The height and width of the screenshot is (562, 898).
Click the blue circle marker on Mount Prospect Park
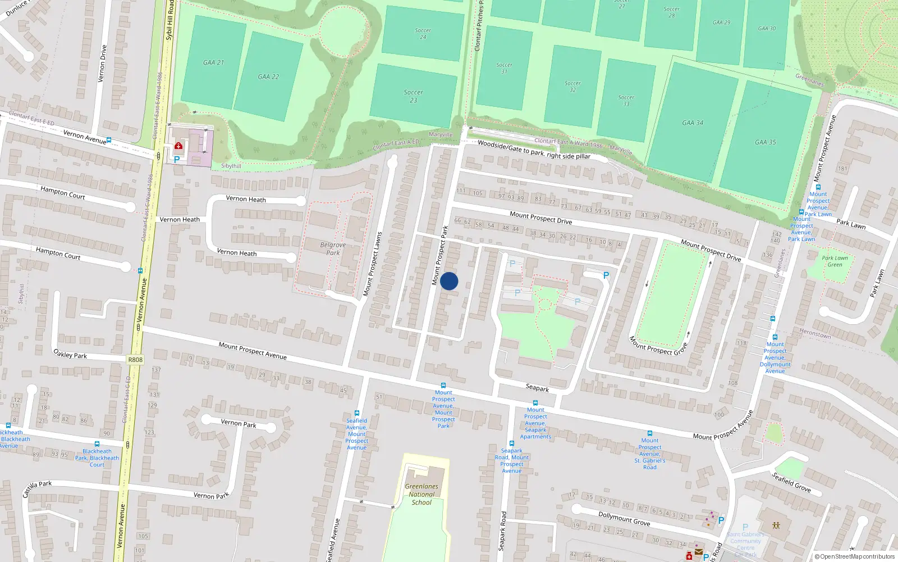click(449, 281)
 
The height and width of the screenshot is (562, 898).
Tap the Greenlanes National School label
click(421, 495)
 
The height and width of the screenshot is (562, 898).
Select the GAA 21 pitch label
click(213, 62)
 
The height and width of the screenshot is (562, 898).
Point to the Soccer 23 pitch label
click(413, 96)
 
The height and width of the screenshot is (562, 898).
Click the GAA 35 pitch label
click(765, 142)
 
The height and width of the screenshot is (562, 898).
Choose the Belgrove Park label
click(333, 248)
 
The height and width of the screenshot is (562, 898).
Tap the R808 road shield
click(135, 360)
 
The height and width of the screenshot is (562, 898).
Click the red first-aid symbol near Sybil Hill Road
click(178, 146)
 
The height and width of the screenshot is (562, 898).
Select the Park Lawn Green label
click(835, 261)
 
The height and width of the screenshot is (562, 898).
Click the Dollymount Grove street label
click(624, 518)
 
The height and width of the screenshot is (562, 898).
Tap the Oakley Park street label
click(70, 354)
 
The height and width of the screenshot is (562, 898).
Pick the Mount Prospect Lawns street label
click(372, 264)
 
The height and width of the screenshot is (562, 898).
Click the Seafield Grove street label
click(791, 482)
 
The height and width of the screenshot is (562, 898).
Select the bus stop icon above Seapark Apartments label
click(535, 403)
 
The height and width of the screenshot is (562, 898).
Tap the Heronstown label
click(815, 334)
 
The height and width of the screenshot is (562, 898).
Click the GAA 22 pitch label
click(268, 76)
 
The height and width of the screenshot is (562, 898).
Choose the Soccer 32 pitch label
click(572, 87)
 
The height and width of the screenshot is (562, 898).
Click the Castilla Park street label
click(37, 488)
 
